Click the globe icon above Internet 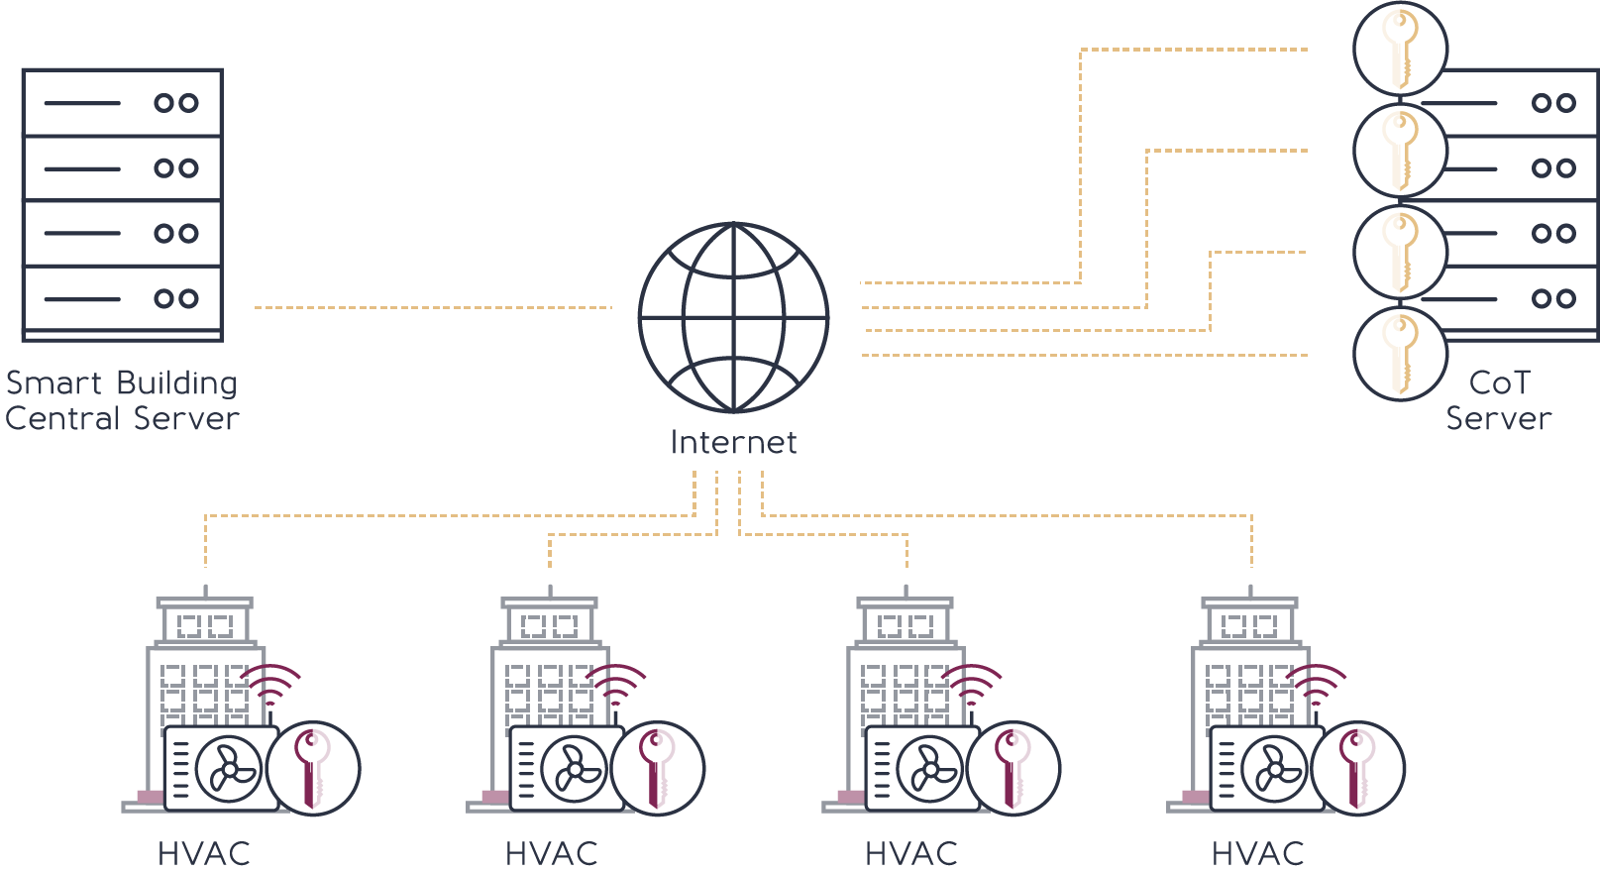733,317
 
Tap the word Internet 733,443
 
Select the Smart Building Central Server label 121,400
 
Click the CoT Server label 1498,400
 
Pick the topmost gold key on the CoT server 1400,49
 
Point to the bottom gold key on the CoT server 1400,354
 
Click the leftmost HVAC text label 204,853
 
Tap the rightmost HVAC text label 1257,853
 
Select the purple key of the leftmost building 313,768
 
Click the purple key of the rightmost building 1357,768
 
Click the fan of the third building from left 928,769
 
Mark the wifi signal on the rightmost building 1316,683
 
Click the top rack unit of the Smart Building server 122,102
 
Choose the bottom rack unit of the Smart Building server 122,298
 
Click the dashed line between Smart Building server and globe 433,307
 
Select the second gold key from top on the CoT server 1400,151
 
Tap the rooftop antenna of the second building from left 550,591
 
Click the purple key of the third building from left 1013,768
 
